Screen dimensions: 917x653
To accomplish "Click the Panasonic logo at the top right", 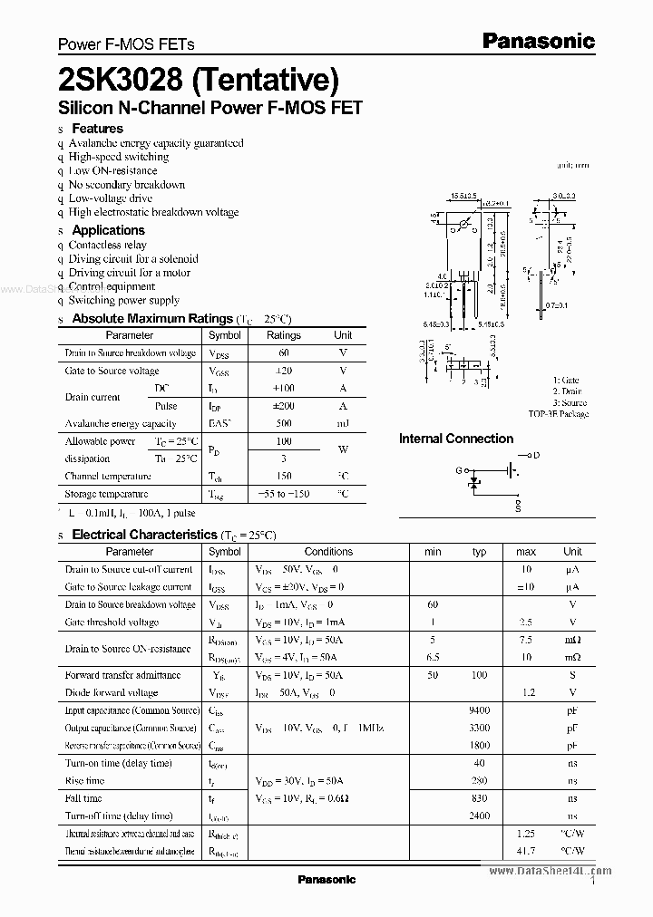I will pyautogui.click(x=538, y=41).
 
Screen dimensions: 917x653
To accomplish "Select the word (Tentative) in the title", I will pyautogui.click(x=265, y=81).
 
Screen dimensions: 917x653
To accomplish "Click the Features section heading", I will pyautogui.click(x=97, y=129).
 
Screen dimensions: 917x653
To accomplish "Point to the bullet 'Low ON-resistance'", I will pyautogui.click(x=112, y=170).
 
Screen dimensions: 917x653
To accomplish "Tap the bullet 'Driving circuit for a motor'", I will pyautogui.click(x=130, y=273).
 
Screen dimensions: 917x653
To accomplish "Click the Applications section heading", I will pyautogui.click(x=108, y=230).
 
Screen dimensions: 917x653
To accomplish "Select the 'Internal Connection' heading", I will pyautogui.click(x=456, y=439).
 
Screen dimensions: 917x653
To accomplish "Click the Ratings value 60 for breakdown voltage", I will pyautogui.click(x=284, y=352).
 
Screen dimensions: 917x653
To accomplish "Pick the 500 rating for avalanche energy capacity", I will pyautogui.click(x=284, y=423).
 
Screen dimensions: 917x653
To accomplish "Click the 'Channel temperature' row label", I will pyautogui.click(x=108, y=477).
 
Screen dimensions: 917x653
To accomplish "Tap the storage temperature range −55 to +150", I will pyautogui.click(x=284, y=494).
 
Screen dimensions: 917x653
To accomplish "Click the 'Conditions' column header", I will pyautogui.click(x=328, y=551).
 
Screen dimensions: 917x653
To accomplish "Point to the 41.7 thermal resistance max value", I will pyautogui.click(x=525, y=851).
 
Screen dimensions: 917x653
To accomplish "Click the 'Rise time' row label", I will pyautogui.click(x=86, y=780).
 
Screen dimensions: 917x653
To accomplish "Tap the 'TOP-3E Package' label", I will pyautogui.click(x=559, y=414).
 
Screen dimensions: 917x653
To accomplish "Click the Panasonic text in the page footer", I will pyautogui.click(x=326, y=879).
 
